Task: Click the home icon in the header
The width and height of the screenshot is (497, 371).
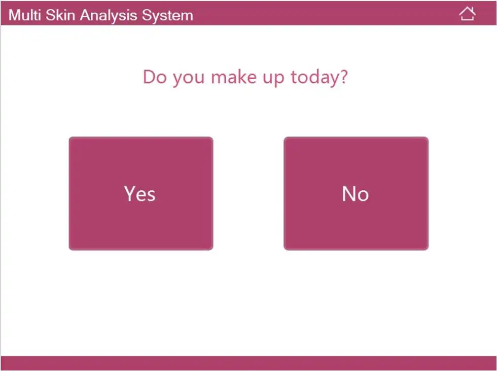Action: click(467, 14)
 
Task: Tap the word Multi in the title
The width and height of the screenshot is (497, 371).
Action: click(25, 15)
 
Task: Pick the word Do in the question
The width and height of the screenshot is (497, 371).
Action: click(155, 77)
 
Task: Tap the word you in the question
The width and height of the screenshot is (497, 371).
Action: click(189, 79)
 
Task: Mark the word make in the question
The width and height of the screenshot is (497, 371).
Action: click(234, 77)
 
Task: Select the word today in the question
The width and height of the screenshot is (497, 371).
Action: click(312, 77)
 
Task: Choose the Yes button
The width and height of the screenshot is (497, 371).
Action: click(141, 193)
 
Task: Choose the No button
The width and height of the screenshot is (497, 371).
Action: click(356, 193)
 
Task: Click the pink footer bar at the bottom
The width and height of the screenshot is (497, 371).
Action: click(248, 363)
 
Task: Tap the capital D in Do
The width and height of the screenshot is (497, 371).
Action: click(149, 77)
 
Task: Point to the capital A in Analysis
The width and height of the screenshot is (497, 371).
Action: click(85, 15)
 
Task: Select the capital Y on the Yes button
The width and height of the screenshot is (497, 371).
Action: click(129, 193)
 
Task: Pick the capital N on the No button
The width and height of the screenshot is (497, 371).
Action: click(348, 193)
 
